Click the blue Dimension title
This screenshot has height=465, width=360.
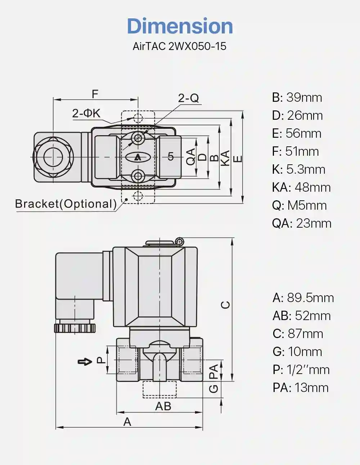[x=180, y=26]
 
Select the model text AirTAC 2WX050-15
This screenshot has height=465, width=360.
[x=180, y=46]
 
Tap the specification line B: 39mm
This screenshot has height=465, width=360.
[x=297, y=97]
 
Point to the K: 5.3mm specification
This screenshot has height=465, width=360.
[x=298, y=169]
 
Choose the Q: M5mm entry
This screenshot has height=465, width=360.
[x=300, y=205]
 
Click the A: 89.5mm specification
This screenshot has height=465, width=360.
[x=303, y=298]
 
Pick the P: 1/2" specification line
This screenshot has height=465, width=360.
[x=301, y=370]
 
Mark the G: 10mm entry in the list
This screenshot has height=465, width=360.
[x=297, y=352]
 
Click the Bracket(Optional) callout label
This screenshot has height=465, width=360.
[x=66, y=204]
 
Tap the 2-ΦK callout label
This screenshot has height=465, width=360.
[x=86, y=113]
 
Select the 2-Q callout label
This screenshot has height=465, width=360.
[x=188, y=98]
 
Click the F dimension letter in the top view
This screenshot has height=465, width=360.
[x=95, y=94]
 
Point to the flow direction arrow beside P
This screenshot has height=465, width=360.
[x=85, y=362]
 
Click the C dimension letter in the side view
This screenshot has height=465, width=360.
[x=225, y=305]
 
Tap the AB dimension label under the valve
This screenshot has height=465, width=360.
[x=163, y=406]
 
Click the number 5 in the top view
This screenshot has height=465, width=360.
[x=171, y=157]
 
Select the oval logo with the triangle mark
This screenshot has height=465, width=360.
[x=138, y=158]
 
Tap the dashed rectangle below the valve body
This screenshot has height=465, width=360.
[x=159, y=389]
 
